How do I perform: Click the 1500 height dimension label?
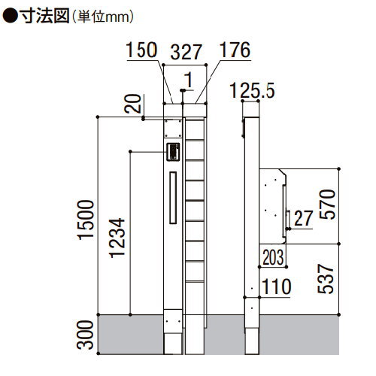[x=86, y=220]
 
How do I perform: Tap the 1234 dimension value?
[x=117, y=238]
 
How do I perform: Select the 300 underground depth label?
[x=85, y=335]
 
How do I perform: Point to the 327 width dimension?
[x=186, y=52]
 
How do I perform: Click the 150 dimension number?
[x=141, y=50]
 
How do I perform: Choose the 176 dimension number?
[x=235, y=50]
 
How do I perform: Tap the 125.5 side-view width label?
[x=252, y=90]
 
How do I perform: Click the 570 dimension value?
[x=327, y=205]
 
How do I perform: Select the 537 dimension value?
[x=326, y=278]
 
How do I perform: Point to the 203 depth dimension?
[x=273, y=257]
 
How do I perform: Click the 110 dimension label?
[x=277, y=287]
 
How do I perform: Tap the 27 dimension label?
[x=304, y=218]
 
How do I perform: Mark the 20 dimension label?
[x=133, y=104]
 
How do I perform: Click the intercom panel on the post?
[x=173, y=152]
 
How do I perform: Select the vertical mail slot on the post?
[x=173, y=198]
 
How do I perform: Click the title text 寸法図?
[x=44, y=17]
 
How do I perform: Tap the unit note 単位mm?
[x=103, y=17]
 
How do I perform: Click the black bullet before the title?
[x=10, y=17]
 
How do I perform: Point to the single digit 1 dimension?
[x=189, y=80]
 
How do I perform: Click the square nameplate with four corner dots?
[x=173, y=129]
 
